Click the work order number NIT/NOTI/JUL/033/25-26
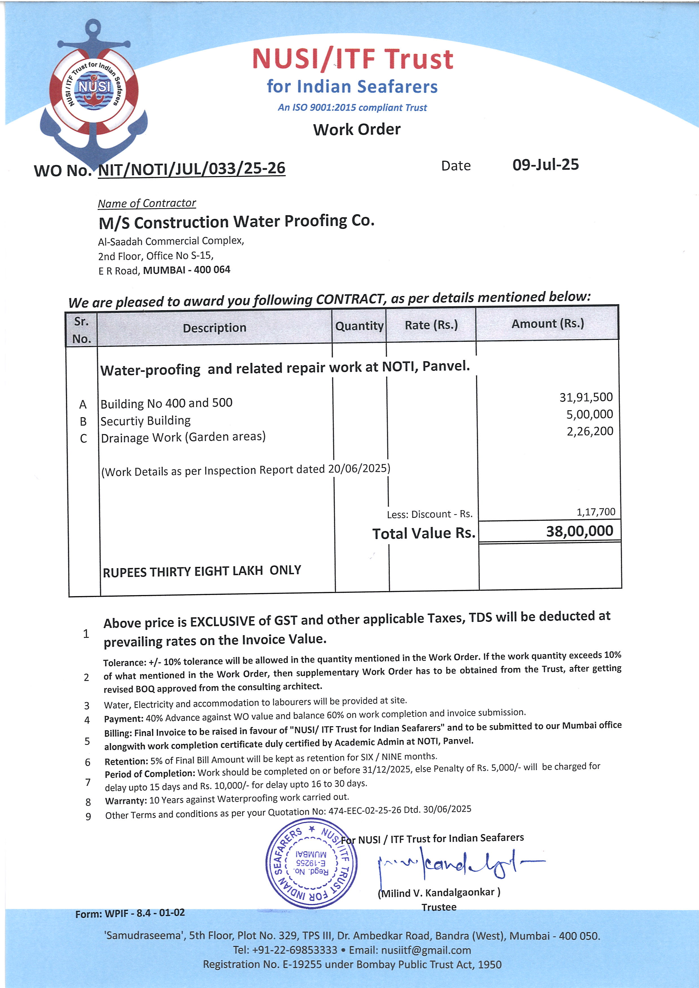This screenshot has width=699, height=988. (192, 168)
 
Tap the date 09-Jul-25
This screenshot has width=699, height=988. (545, 165)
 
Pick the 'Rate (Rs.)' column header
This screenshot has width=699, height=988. (431, 325)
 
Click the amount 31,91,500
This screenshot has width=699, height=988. (586, 397)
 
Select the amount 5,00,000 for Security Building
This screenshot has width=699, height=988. (589, 414)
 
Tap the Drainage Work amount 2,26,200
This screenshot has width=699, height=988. (589, 431)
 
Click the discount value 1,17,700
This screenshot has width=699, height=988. (596, 512)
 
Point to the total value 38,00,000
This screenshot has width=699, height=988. (579, 531)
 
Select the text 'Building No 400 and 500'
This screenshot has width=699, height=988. (166, 403)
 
